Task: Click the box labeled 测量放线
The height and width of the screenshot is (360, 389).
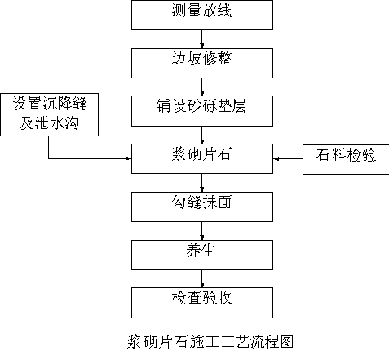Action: tap(202, 15)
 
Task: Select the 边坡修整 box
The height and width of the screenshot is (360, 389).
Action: tap(202, 63)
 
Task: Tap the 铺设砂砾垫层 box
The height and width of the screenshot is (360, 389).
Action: tap(202, 111)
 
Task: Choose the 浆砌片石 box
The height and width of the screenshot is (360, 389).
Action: tap(202, 158)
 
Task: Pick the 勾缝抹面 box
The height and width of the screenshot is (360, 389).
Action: tap(202, 207)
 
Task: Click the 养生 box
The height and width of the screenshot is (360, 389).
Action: tap(202, 255)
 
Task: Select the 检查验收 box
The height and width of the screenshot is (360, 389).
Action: tap(202, 303)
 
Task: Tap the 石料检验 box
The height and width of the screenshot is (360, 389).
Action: tap(346, 159)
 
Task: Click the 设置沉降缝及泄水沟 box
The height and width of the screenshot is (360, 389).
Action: tap(49, 114)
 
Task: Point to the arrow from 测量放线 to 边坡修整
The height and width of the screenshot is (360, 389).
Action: tap(201, 39)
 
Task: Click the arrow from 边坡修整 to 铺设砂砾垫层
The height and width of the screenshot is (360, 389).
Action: tap(201, 87)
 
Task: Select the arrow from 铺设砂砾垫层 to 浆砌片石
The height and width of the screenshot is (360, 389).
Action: tap(201, 136)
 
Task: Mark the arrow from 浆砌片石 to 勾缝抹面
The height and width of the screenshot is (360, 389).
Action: tap(201, 183)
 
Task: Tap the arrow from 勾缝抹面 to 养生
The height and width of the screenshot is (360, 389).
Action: tap(201, 231)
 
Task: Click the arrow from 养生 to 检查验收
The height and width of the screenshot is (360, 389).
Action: tap(201, 279)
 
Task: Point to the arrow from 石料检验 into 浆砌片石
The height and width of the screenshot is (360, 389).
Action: tap(288, 158)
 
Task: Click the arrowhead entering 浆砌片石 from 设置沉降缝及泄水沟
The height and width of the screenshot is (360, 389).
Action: tap(128, 158)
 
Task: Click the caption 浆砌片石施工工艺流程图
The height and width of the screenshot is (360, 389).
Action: tap(210, 341)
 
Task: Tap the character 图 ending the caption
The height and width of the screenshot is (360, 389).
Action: tap(286, 341)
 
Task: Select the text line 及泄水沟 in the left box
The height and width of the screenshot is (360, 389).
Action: tap(49, 123)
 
